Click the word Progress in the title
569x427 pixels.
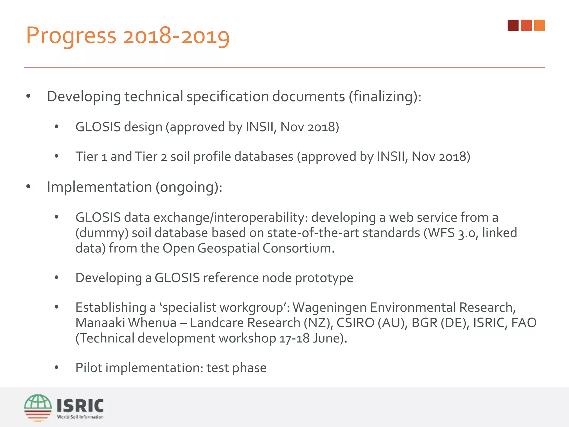[71, 36]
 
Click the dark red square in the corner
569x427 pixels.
[513, 25]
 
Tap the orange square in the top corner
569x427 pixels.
[540, 25]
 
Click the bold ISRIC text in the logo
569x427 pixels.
[80, 406]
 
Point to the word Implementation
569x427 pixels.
[99, 187]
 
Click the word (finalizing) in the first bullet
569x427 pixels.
[385, 96]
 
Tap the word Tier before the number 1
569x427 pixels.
[87, 157]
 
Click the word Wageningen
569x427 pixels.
[330, 307]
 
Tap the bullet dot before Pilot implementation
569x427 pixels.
[57, 368]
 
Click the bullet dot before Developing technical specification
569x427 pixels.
[28, 96]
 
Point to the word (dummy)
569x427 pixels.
[102, 233]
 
